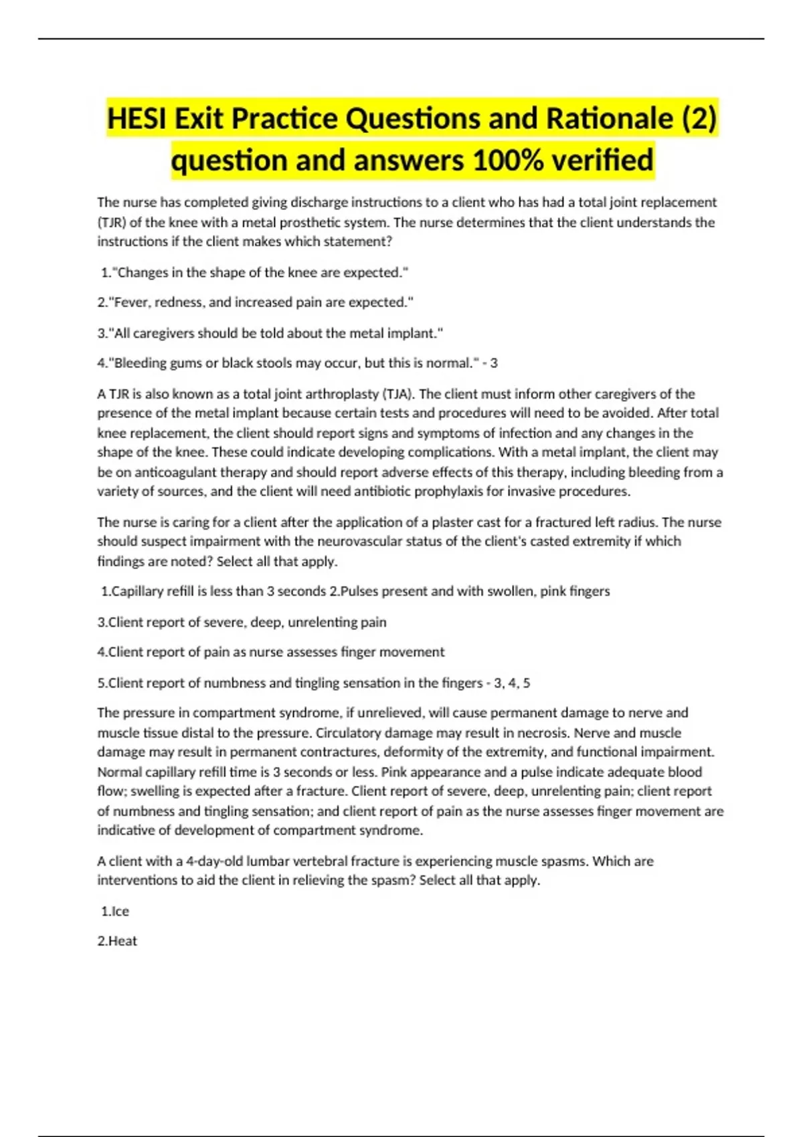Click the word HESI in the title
pyautogui.click(x=137, y=119)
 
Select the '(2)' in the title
pyautogui.click(x=699, y=119)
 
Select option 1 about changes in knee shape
pyautogui.click(x=254, y=272)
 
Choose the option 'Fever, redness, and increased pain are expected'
pyautogui.click(x=255, y=302)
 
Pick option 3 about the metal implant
pyautogui.click(x=270, y=333)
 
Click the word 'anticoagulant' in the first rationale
pyautogui.click(x=175, y=472)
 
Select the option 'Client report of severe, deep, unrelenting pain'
pyautogui.click(x=242, y=622)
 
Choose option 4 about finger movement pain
pyautogui.click(x=270, y=652)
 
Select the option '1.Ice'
pyautogui.click(x=115, y=911)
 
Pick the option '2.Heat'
pyautogui.click(x=117, y=941)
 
